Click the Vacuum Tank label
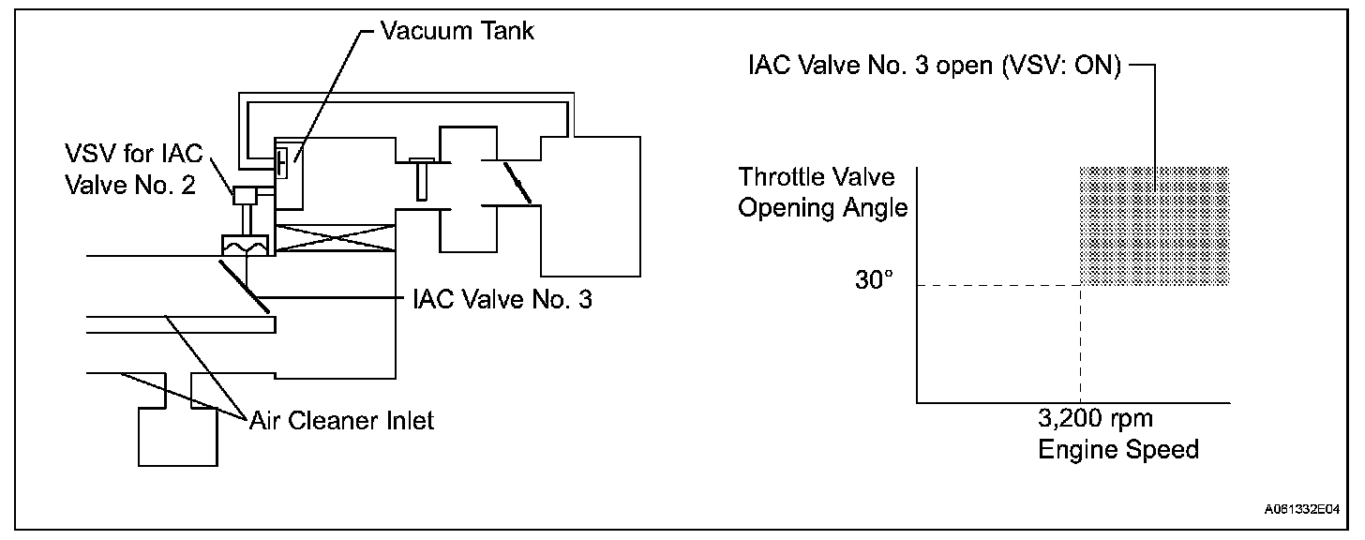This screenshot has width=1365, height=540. point(457,31)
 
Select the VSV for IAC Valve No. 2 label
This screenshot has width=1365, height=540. point(130,169)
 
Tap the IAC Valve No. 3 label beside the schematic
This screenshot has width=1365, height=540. point(502,301)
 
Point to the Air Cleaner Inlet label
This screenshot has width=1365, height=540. point(342,420)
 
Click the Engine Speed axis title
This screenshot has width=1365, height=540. point(1118,450)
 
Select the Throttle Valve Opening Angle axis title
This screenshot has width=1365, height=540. point(823,192)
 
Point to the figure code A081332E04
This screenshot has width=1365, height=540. point(1300,512)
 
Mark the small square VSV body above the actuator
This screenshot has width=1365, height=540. point(247,195)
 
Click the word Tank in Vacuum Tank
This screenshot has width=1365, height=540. point(503,31)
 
